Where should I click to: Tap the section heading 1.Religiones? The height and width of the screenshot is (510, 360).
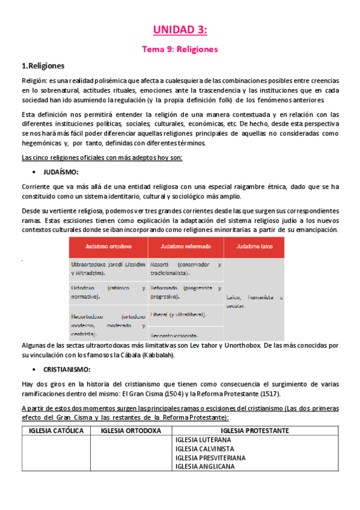coord(43,66)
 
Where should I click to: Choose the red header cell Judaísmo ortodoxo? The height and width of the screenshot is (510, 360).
coord(108,247)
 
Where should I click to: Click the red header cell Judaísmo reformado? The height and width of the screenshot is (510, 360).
coord(186,247)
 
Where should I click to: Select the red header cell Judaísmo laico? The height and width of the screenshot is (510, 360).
coord(254,247)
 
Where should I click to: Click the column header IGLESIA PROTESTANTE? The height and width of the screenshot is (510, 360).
coord(255,431)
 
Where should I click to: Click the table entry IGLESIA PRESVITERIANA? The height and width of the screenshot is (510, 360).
coord(210,458)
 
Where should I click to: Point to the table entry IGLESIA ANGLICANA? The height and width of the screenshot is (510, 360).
coord(206,467)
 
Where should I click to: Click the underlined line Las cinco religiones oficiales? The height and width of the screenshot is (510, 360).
coord(102,158)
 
